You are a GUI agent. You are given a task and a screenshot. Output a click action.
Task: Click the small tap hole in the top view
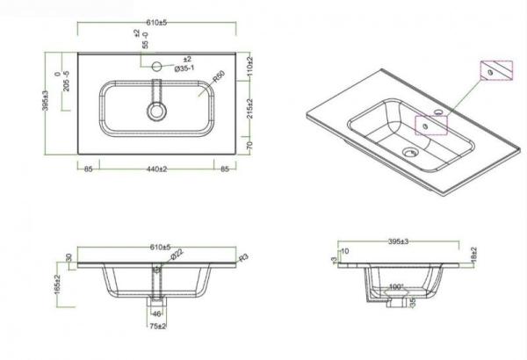[x=157, y=64]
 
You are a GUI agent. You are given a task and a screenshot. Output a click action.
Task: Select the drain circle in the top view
[x=157, y=112]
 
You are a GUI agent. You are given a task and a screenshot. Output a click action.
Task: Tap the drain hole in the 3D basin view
[x=407, y=152]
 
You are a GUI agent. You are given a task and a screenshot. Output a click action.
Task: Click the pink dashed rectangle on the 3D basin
[x=431, y=122]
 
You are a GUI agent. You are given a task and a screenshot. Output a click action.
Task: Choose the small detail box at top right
[x=494, y=71]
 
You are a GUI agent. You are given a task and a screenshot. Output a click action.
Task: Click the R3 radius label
[x=243, y=257]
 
